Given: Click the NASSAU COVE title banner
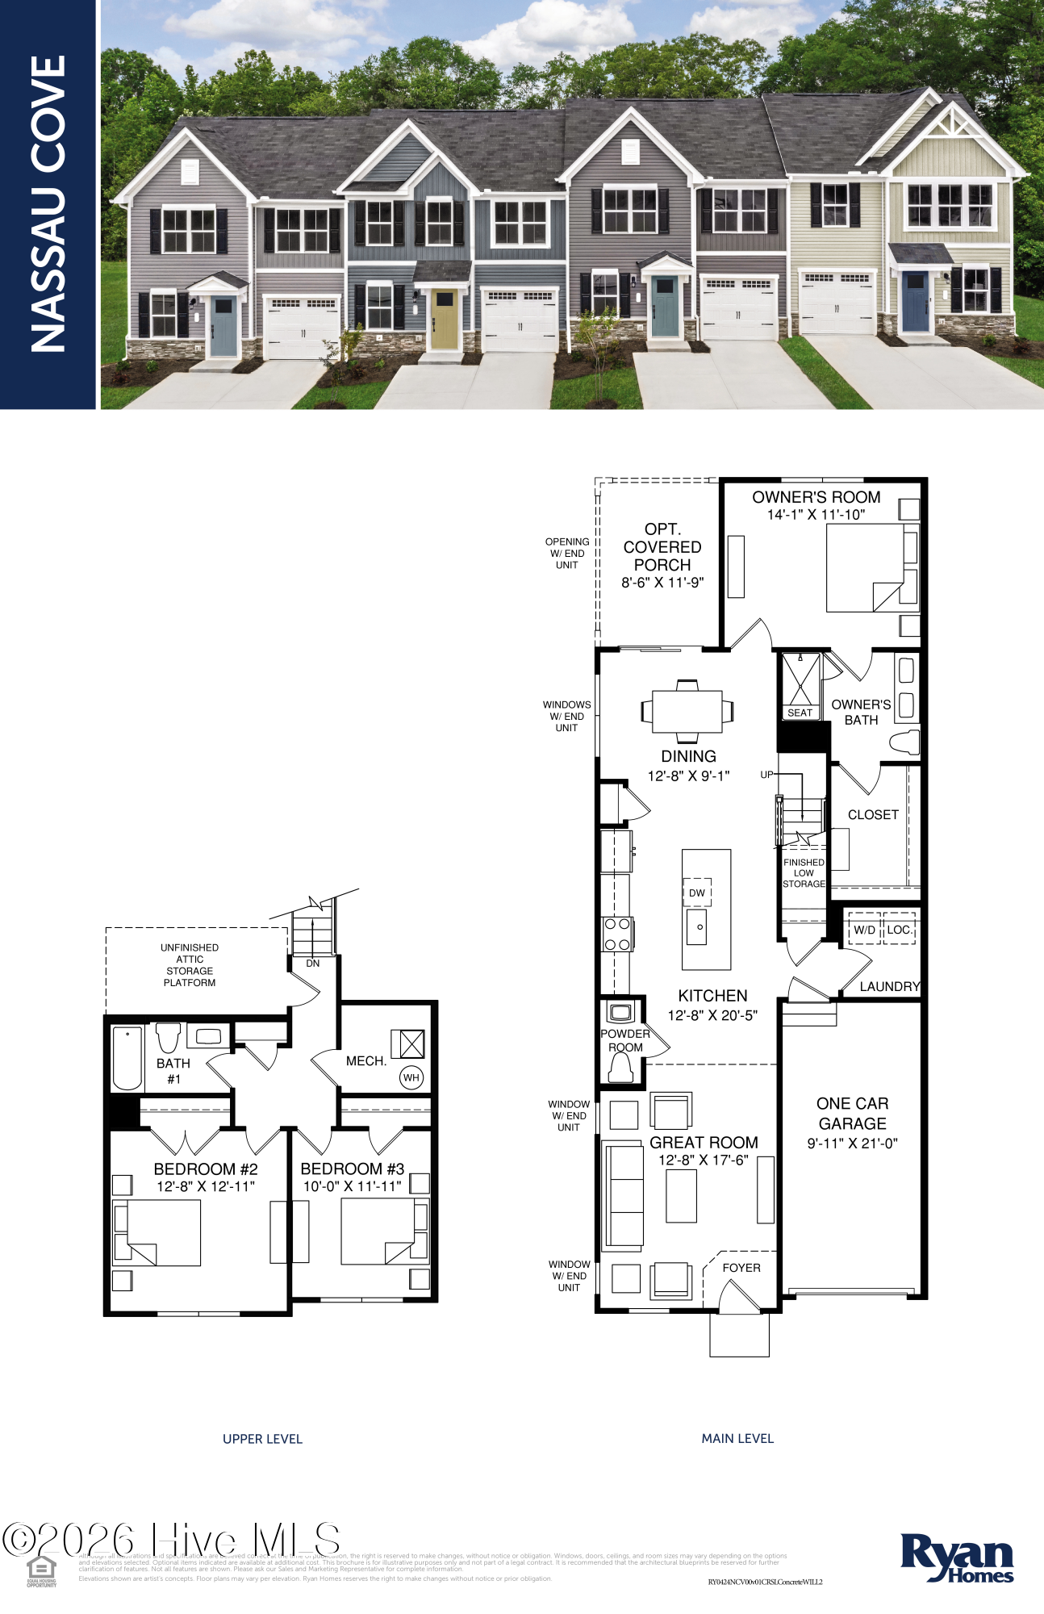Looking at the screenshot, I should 48,203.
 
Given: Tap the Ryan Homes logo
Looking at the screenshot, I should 957,1558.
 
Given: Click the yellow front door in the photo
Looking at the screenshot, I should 443,320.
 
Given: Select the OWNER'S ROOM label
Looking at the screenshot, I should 816,497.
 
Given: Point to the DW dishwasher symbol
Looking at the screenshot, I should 697,893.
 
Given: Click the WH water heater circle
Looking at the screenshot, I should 411,1077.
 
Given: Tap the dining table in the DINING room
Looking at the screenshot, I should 687,711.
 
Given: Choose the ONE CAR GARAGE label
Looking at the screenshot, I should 852,1114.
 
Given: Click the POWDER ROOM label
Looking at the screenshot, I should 625,1040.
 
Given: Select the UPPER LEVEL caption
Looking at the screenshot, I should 262,1439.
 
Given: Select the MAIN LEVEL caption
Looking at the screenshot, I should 737,1438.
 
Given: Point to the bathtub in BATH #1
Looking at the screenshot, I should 127,1057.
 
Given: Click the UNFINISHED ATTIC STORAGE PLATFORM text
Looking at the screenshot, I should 190,965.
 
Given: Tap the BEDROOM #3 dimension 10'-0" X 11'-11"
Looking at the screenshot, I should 352,1186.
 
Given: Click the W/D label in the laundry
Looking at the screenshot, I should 864,930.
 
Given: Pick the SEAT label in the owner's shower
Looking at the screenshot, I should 800,713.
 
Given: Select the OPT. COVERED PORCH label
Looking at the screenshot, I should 662,547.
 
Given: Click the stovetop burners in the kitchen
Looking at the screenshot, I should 617,935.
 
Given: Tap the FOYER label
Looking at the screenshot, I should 741,1268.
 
